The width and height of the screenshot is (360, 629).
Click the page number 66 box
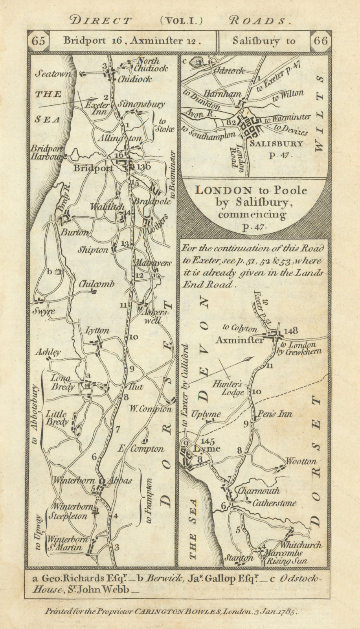pyautogui.click(x=320, y=41)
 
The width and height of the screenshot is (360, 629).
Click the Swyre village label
pyautogui.click(x=44, y=311)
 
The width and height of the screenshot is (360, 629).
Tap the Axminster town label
pyautogui.click(x=239, y=340)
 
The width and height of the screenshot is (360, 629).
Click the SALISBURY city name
pyautogui.click(x=276, y=144)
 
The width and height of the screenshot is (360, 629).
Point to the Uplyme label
pyautogui.click(x=206, y=414)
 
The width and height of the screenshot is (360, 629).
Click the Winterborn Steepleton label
pyautogui.click(x=71, y=511)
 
